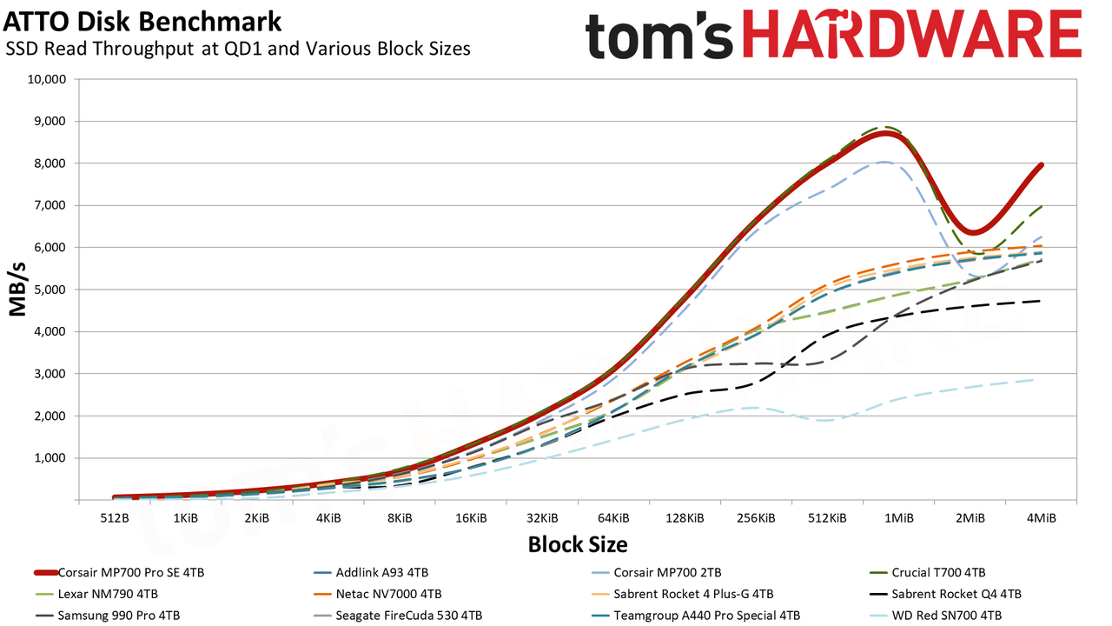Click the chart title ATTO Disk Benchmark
coord(142,22)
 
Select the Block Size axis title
coord(578,544)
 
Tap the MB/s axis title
coord(18,290)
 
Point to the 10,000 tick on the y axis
coord(47,79)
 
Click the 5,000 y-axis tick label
coord(50,290)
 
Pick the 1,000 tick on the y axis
coord(50,458)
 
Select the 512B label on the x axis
coord(115,518)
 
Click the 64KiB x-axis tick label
coord(613,518)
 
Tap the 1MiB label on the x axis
coord(899,518)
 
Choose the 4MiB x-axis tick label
coord(1042,518)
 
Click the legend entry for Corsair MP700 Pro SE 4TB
coord(119,572)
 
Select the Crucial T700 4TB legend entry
coord(928,572)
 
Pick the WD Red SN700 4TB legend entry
coord(936,616)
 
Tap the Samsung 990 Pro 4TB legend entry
coord(108,616)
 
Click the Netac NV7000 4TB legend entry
coord(378,594)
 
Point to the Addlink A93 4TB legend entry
coord(371,572)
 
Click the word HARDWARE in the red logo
coord(912,33)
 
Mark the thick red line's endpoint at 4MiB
coord(1041,165)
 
